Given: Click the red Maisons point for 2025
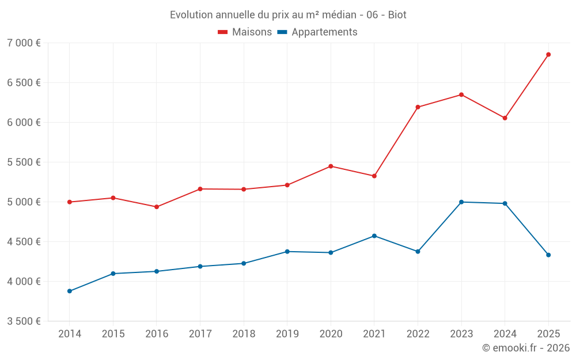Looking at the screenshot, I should point(548,55).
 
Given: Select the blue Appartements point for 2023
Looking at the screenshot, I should point(461,202).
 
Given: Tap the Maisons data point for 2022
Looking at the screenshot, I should point(418,107).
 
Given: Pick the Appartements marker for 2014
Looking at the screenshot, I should point(70,291).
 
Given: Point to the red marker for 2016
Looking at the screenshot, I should point(157,207).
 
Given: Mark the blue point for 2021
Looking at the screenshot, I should point(374,236).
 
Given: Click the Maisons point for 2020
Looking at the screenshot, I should point(331,166).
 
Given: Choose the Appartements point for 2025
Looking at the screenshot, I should point(548,255).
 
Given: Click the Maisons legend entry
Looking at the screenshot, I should point(245,32).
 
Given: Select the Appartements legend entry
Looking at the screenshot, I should point(317,32).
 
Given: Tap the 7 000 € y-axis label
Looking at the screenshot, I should point(24,43).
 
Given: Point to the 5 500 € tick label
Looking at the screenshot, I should point(24,162).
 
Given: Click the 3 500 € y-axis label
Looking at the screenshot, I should point(24,321).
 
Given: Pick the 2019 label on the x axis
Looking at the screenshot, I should point(287,334).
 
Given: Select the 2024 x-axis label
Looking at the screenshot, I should point(505,334).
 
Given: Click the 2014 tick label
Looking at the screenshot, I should point(70,334).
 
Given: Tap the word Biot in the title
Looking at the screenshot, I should point(397,15).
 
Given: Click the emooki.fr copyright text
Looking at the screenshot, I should point(525,348).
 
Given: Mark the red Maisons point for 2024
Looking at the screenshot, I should point(505,118).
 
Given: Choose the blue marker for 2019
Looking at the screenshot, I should point(287,252).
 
